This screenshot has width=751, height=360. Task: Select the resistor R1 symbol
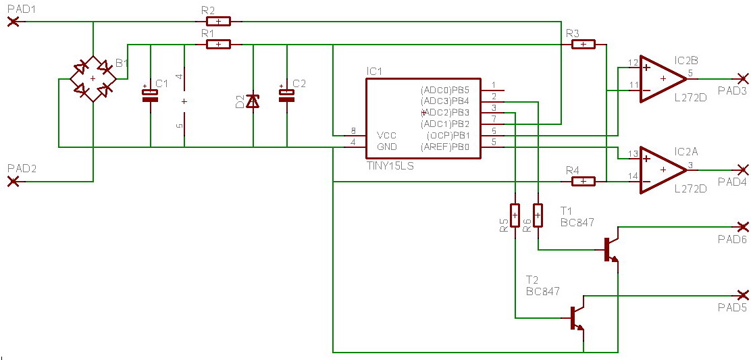[x=217, y=45]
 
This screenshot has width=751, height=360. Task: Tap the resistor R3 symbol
[x=583, y=45]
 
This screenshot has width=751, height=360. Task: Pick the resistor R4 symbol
[x=583, y=181]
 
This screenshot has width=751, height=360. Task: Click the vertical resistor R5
[x=515, y=215]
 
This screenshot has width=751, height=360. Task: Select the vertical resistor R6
[x=538, y=215]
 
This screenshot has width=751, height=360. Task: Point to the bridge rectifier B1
[x=93, y=79]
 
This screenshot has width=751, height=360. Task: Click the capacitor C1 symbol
[x=150, y=95]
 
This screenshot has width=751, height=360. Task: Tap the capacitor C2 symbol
[x=286, y=95]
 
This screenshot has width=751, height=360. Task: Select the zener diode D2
[x=253, y=101]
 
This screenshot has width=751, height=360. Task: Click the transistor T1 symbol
[x=611, y=249]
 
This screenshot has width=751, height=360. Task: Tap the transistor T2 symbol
[x=576, y=317]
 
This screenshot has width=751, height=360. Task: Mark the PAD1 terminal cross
[x=12, y=22]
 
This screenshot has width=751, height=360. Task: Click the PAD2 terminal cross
[x=12, y=181]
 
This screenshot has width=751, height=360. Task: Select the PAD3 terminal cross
[x=743, y=78]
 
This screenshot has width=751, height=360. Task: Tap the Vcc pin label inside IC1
[x=386, y=135]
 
